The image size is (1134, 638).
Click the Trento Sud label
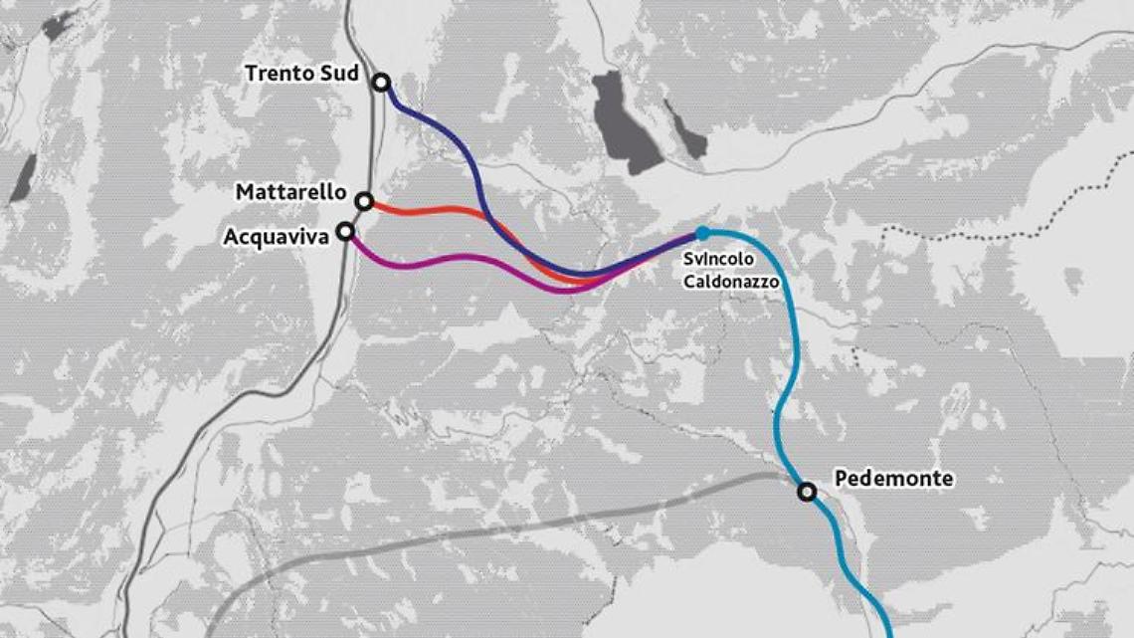301,73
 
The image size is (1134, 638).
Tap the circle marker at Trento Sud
381,83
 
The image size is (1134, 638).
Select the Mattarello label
290,191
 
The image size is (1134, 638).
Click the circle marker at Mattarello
364,202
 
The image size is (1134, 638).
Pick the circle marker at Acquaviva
345,232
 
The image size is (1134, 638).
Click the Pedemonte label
893,479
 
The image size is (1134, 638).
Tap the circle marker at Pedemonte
807,491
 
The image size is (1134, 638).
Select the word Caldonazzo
731,282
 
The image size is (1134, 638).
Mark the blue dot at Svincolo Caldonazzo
702,233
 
